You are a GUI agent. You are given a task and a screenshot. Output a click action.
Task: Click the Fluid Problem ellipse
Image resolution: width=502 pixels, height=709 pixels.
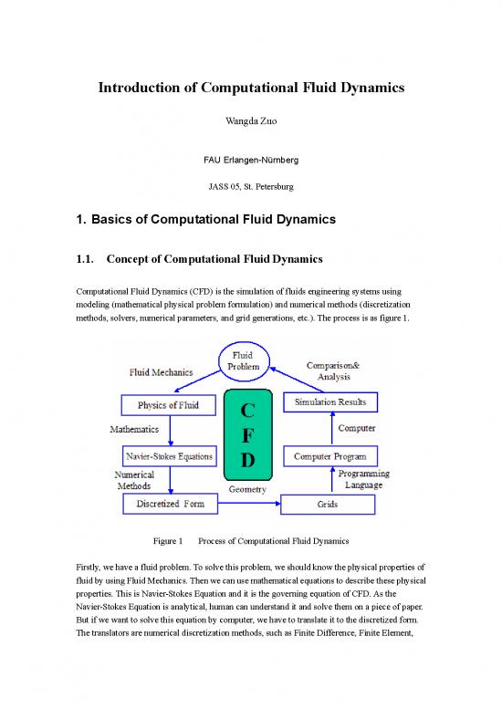252,360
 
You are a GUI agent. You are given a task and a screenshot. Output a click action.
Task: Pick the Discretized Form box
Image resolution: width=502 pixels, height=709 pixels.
169,504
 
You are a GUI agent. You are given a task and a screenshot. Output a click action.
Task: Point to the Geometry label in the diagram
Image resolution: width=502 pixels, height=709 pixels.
247,490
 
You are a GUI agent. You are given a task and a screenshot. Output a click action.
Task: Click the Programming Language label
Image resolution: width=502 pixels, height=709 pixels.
363,480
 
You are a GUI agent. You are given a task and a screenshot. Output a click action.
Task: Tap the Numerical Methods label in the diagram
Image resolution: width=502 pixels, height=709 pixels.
134,481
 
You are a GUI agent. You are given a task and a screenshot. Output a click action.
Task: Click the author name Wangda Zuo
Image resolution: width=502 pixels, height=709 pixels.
251,120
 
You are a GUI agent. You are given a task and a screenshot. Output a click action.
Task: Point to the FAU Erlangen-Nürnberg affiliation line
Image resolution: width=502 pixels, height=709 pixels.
251,162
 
